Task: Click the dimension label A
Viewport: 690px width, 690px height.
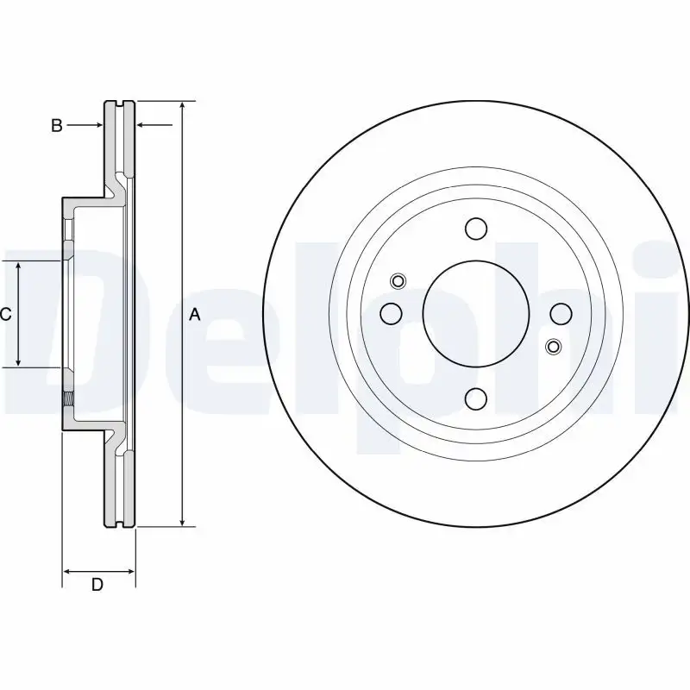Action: point(195,315)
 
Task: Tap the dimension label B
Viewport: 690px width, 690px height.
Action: point(56,126)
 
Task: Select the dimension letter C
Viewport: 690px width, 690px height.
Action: point(5,315)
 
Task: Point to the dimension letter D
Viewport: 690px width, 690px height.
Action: point(97,585)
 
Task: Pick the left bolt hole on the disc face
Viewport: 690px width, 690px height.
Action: point(391,313)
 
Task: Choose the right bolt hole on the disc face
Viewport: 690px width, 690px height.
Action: point(560,313)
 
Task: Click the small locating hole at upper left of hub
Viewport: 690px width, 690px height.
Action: point(398,280)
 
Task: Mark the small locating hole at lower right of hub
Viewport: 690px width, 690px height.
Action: point(553,347)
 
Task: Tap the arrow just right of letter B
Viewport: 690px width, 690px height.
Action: point(97,126)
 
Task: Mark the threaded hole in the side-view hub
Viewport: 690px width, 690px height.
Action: point(67,399)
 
